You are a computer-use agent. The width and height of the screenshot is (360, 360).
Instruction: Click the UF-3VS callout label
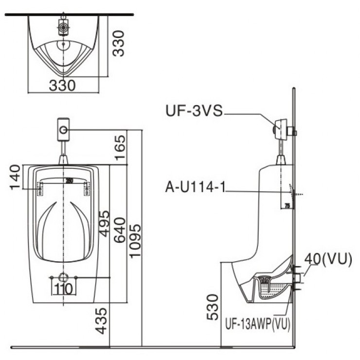click(193, 112)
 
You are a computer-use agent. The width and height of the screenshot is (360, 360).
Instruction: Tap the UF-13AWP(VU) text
click(258, 324)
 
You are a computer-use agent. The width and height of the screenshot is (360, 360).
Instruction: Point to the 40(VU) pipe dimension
click(328, 260)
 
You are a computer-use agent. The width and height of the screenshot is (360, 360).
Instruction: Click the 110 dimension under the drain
click(63, 289)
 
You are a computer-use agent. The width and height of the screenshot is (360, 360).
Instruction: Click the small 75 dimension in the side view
click(287, 205)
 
